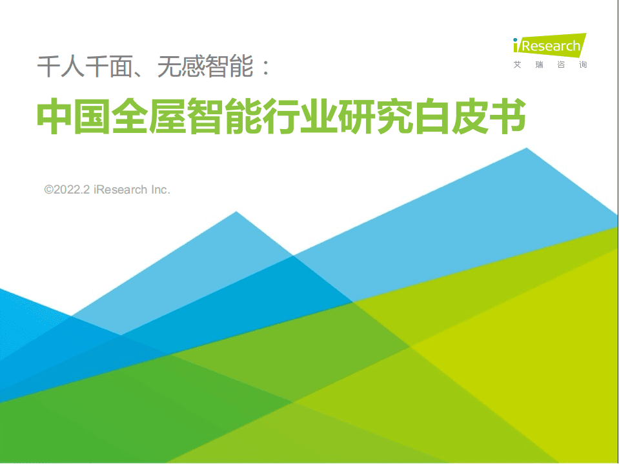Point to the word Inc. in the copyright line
(x=160, y=190)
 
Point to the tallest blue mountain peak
(x=527, y=149)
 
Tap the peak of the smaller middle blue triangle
(x=236, y=212)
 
